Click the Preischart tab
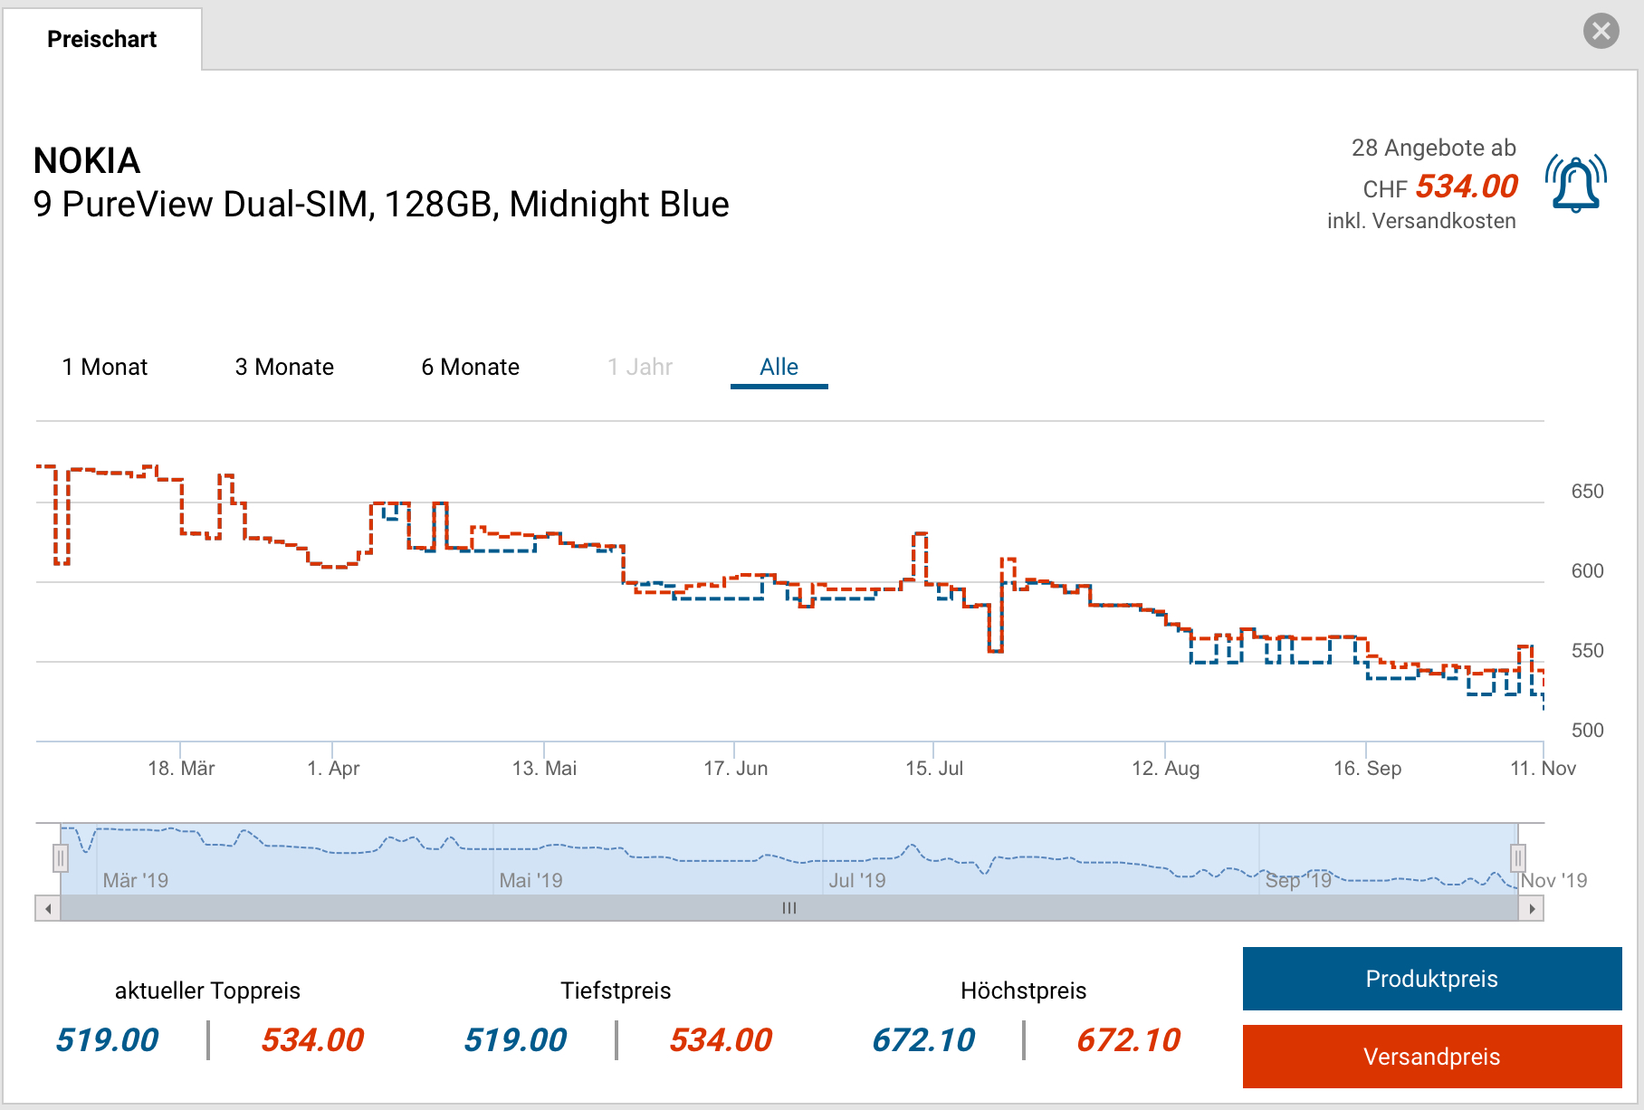[x=101, y=39]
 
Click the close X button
[x=1601, y=31]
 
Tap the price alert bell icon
[x=1576, y=184]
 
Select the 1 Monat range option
[x=104, y=367]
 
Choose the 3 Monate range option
[x=284, y=367]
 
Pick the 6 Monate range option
[x=470, y=367]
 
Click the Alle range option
[x=779, y=367]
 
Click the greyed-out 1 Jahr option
[x=640, y=367]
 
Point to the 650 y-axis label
[x=1587, y=492]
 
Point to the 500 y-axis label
[x=1587, y=731]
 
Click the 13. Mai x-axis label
[x=544, y=769]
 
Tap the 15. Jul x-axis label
[x=934, y=769]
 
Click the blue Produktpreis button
[x=1431, y=979]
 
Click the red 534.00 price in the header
[x=1467, y=187]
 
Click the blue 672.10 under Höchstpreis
[x=923, y=1040]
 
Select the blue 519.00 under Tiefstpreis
[x=515, y=1040]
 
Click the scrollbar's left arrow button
[x=48, y=908]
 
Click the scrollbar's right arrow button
[x=1531, y=908]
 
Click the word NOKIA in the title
[x=87, y=161]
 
